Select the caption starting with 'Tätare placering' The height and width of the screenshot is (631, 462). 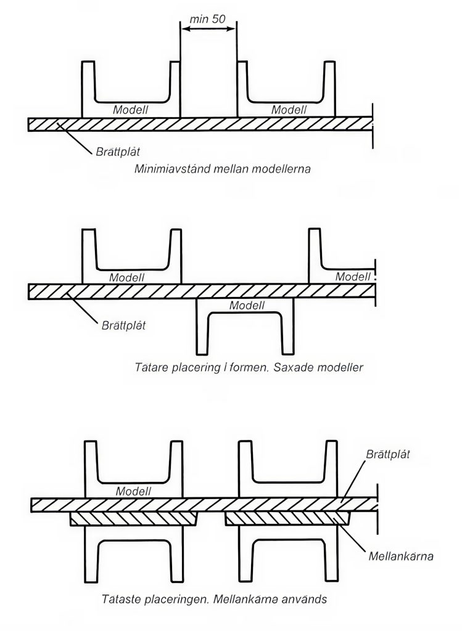pos(249,368)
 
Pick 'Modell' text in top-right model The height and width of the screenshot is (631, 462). pos(289,110)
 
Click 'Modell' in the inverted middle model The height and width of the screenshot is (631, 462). pos(246,306)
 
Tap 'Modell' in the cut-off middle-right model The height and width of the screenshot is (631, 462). pos(353,277)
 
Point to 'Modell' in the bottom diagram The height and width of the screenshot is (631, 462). pos(134,491)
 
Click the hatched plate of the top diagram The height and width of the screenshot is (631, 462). pos(200,124)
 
